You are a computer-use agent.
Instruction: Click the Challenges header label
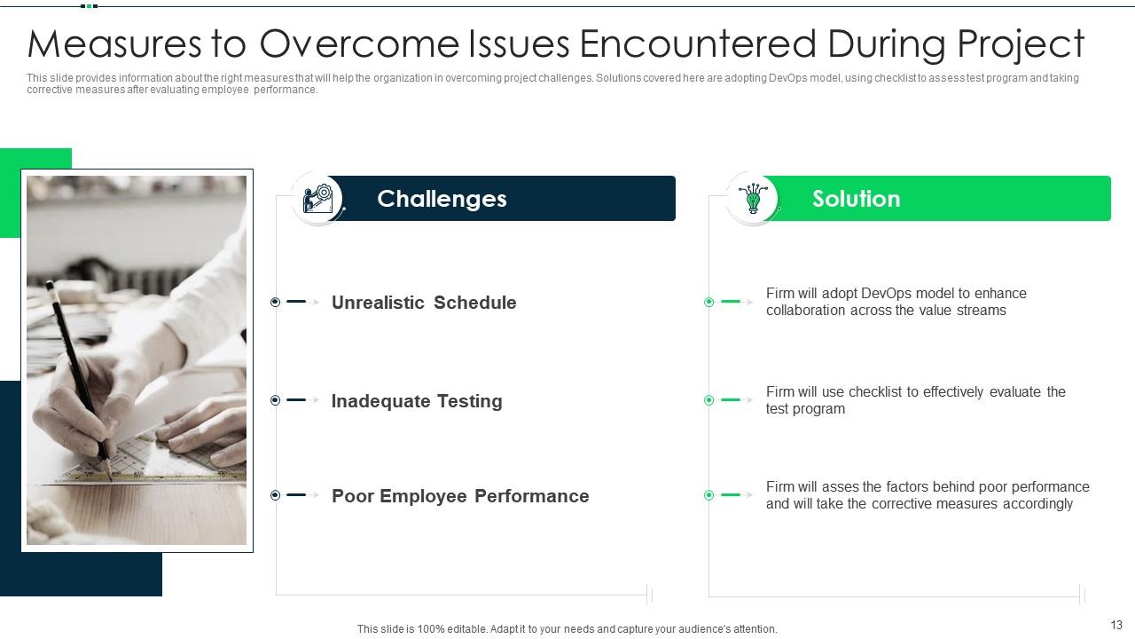[x=442, y=199]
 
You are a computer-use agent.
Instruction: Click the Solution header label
[x=856, y=199]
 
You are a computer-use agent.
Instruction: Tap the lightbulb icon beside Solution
[x=753, y=198]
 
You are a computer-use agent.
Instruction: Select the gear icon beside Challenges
[x=317, y=198]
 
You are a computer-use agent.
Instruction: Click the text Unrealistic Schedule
[x=423, y=303]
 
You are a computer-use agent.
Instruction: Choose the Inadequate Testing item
[x=416, y=401]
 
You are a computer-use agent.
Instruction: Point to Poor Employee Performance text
[x=459, y=496]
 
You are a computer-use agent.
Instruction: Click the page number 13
[x=1116, y=626]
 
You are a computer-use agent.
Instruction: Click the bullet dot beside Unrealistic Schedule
[x=275, y=303]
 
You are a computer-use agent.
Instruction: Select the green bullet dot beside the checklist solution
[x=708, y=400]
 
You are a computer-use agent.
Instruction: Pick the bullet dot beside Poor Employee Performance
[x=275, y=495]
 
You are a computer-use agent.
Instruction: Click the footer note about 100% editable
[x=567, y=629]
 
